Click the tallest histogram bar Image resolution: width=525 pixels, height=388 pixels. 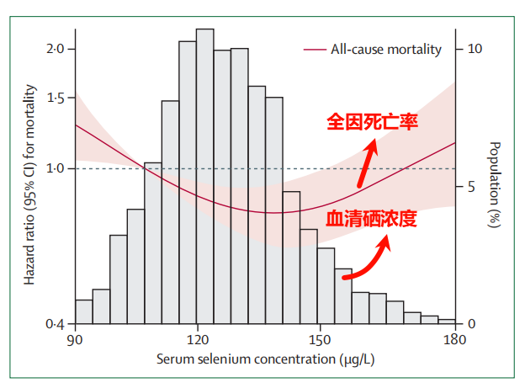pos(204,177)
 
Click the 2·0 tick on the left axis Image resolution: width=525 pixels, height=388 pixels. pos(56,50)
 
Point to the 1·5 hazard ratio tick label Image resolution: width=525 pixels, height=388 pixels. pos(56,99)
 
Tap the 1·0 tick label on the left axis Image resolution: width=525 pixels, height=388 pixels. pos(56,169)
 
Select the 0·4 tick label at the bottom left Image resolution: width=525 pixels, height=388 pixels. pos(56,324)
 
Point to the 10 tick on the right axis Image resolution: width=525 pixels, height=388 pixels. pos(475,50)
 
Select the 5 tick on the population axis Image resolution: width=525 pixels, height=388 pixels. pos(471,187)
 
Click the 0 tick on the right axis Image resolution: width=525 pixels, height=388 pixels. pos(471,324)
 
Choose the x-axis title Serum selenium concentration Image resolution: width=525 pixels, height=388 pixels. pos(263,359)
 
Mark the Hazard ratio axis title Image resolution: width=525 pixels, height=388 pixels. pos(30,185)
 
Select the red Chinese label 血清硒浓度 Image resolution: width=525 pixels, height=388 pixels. pos(372,220)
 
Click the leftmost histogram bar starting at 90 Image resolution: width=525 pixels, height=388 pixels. pos(83,311)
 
